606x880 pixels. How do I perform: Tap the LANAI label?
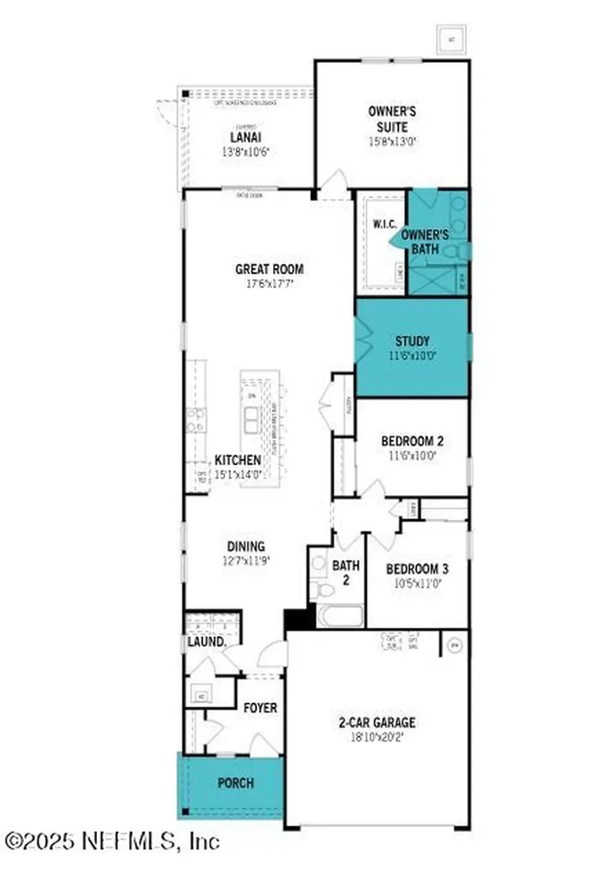tap(245, 137)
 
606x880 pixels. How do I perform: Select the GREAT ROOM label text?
tap(270, 269)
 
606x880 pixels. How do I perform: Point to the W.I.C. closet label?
tap(382, 224)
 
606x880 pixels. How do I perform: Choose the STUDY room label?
tap(413, 340)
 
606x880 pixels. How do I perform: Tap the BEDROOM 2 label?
tap(412, 443)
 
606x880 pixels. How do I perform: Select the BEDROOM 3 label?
tap(416, 569)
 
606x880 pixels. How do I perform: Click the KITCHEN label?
tap(237, 461)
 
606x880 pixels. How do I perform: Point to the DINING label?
tap(245, 547)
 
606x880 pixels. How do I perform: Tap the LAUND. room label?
tap(206, 642)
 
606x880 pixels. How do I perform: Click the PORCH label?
tap(234, 784)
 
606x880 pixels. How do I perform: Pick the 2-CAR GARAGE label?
tap(377, 723)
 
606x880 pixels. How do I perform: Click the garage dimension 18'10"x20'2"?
tap(377, 737)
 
